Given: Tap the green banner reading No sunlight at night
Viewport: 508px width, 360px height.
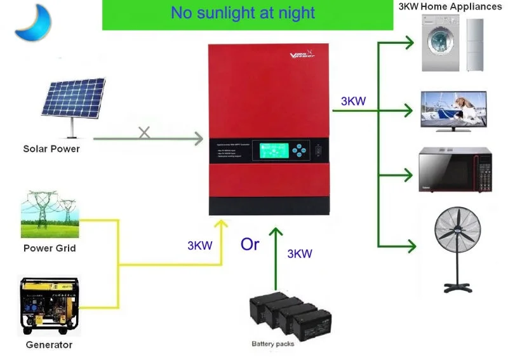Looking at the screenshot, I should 243,15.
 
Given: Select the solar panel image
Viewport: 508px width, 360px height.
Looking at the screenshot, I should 74,102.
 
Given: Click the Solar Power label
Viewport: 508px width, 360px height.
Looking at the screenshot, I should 51,149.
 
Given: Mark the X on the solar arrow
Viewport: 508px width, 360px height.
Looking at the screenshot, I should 144,133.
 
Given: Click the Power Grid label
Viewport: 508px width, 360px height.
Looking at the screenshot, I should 50,248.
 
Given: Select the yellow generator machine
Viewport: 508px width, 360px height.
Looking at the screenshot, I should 50,305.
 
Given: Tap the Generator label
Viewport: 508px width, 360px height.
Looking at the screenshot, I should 49,345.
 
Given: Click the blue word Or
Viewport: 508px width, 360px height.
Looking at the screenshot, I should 250,244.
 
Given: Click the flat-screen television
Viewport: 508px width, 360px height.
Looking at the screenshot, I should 453,110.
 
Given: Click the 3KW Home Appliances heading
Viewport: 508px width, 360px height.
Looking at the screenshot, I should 450,6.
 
